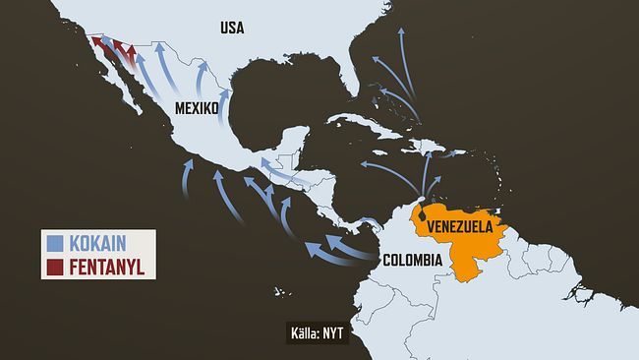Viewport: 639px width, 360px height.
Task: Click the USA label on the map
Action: (x=232, y=28)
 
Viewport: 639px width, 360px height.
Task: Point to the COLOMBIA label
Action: (x=411, y=262)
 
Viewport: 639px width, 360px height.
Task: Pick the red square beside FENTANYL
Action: (x=55, y=265)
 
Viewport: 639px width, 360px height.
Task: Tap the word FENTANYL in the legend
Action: (x=108, y=265)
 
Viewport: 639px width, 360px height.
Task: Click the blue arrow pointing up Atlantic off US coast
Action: (x=401, y=44)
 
